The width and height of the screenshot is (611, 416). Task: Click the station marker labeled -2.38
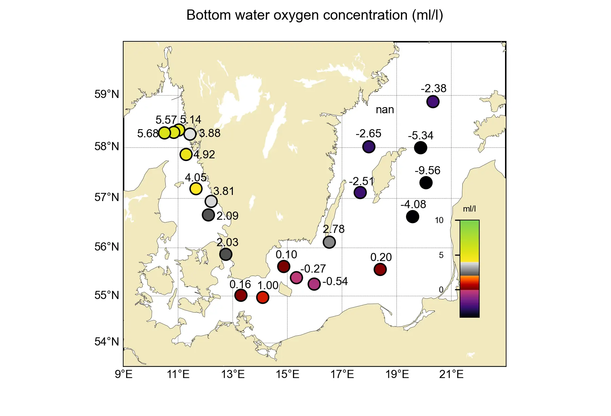click(x=433, y=101)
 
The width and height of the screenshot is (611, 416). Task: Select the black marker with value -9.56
click(x=426, y=183)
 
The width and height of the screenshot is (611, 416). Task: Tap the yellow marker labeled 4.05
click(x=196, y=189)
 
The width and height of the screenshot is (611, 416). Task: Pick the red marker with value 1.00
click(x=263, y=297)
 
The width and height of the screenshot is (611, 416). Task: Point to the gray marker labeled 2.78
click(x=329, y=242)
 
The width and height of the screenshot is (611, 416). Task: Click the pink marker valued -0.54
click(x=314, y=284)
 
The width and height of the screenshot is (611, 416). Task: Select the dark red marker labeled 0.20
click(x=380, y=270)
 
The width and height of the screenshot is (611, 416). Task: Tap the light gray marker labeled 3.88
click(x=190, y=134)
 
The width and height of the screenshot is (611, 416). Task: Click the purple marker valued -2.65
click(x=369, y=147)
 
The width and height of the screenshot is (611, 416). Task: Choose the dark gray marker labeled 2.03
click(x=226, y=254)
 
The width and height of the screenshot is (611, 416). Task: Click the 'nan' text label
click(x=385, y=110)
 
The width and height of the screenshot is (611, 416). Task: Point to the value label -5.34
click(x=421, y=136)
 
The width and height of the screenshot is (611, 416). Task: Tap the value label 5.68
click(x=148, y=134)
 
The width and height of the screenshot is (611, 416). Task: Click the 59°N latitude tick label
click(x=107, y=94)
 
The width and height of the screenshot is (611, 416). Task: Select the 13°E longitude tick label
click(x=233, y=374)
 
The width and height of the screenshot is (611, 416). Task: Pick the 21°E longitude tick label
click(x=451, y=374)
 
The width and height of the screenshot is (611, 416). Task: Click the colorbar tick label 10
click(x=439, y=220)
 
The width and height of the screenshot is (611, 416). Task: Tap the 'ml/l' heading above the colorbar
click(x=469, y=209)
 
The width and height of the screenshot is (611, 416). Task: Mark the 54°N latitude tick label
click(x=107, y=342)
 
